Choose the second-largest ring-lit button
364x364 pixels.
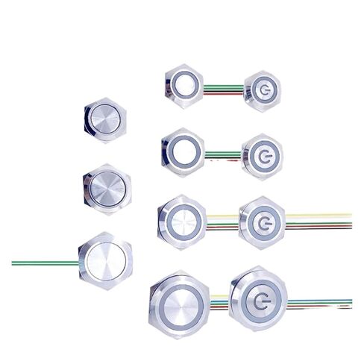point(182,220)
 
